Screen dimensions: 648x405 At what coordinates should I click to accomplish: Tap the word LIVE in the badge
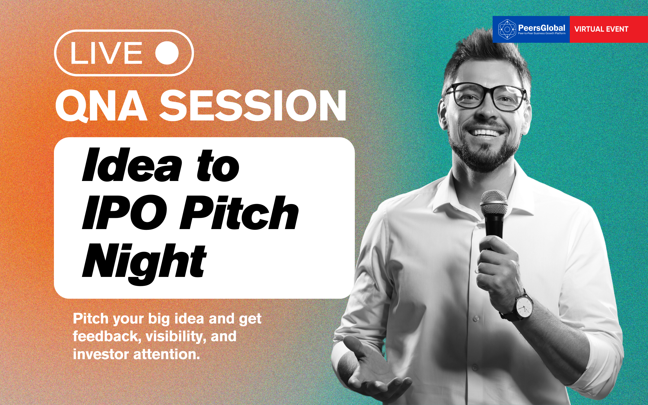tap(106, 53)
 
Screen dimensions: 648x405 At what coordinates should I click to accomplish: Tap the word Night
tap(144, 264)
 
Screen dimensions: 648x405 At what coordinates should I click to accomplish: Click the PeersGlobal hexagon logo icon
tap(507, 29)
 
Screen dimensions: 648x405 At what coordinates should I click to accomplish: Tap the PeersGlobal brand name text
tap(541, 28)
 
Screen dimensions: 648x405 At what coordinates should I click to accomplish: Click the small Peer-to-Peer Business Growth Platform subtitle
tap(542, 33)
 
